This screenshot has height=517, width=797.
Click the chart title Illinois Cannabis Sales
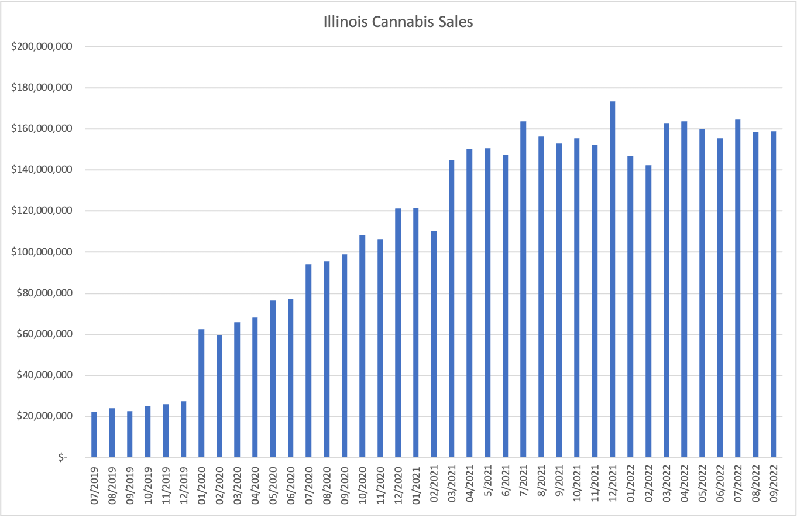[398, 23]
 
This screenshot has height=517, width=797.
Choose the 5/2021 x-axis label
[487, 482]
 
